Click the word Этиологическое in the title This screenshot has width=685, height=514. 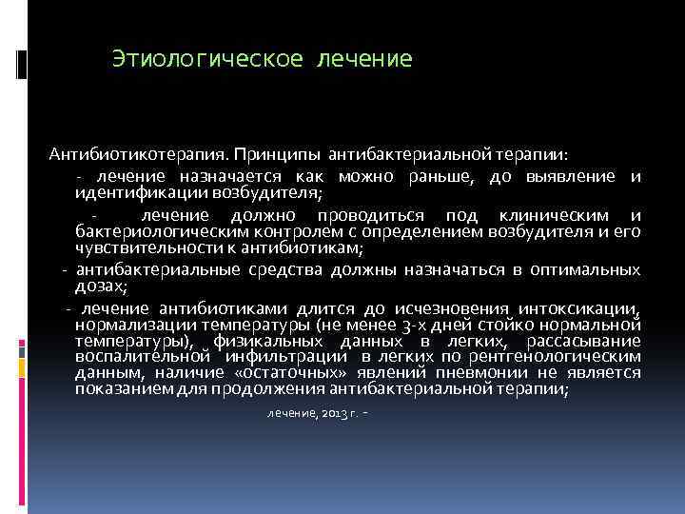click(x=205, y=59)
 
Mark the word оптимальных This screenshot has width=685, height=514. click(x=584, y=270)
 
